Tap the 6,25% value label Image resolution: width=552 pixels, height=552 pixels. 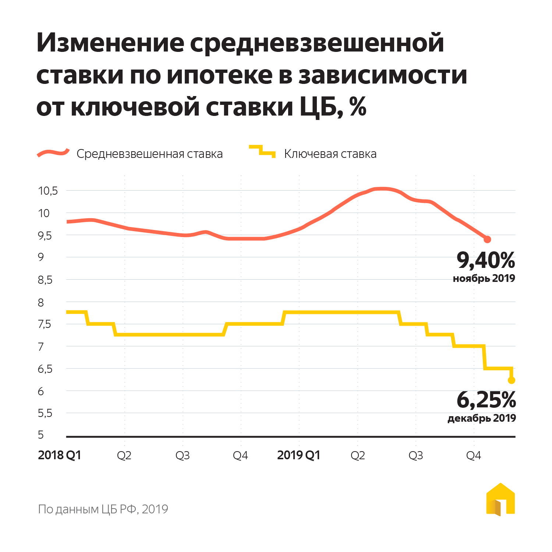[x=486, y=400]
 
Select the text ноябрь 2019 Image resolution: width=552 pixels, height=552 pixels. [x=484, y=278]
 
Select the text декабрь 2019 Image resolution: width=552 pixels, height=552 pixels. [x=481, y=418]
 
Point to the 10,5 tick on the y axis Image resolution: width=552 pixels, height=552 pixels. [x=48, y=191]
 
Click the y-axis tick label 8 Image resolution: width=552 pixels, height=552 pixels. [x=41, y=302]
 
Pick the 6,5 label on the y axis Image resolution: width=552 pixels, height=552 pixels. [x=45, y=369]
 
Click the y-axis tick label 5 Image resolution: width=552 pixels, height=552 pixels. [x=41, y=435]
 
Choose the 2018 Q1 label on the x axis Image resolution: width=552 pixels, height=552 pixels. [x=59, y=455]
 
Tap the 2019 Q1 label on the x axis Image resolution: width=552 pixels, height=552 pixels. [x=298, y=455]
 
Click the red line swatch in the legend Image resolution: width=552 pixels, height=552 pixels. [x=53, y=153]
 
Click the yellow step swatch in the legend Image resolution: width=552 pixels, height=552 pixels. [x=262, y=151]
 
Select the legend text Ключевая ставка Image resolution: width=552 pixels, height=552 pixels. [x=330, y=154]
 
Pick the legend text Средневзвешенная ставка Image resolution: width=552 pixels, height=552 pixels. [x=149, y=154]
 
